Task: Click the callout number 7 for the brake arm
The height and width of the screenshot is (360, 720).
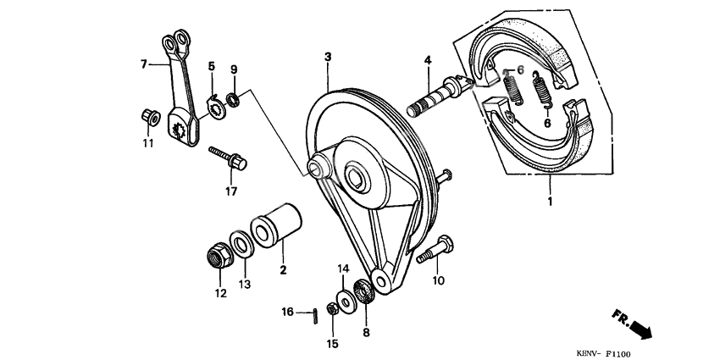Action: (144, 63)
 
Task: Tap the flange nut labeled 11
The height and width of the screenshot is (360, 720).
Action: (147, 117)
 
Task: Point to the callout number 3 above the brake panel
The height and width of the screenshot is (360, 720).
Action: (328, 57)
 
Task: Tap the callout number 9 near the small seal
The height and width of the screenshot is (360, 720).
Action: (235, 69)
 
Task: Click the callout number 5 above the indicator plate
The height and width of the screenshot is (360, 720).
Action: (212, 66)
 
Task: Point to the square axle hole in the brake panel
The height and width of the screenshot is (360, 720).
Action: (356, 177)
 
